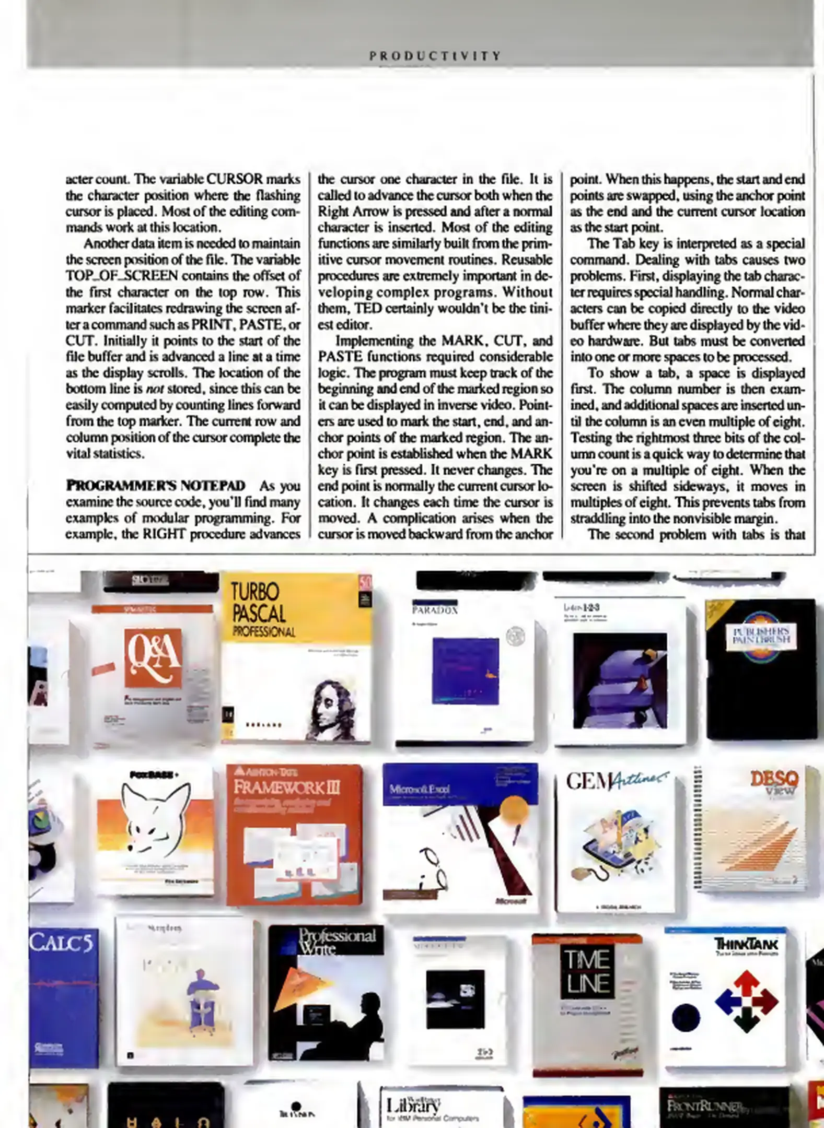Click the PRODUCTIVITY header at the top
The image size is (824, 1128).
click(x=435, y=56)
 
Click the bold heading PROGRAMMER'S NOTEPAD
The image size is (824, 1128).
click(x=155, y=486)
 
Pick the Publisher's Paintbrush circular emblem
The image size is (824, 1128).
click(x=761, y=637)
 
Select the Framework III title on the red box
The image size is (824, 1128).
click(x=286, y=786)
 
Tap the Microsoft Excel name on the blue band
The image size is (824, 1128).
click(x=420, y=789)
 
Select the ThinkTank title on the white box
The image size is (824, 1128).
click(x=746, y=944)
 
